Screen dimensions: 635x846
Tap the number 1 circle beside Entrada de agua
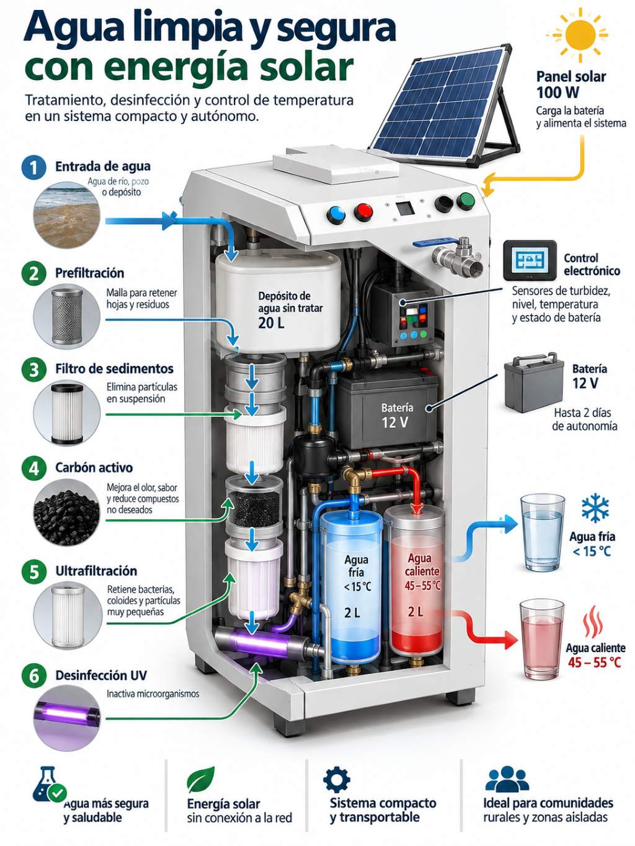pyautogui.click(x=34, y=168)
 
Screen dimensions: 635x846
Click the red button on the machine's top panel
pyautogui.click(x=363, y=211)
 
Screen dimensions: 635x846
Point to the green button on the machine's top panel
pyautogui.click(x=465, y=201)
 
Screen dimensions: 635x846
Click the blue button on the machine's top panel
pyautogui.click(x=336, y=214)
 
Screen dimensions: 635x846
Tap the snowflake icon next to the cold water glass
pyautogui.click(x=595, y=507)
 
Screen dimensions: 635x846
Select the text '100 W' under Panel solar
pyautogui.click(x=557, y=92)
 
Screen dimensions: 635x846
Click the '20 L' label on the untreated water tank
pyautogui.click(x=271, y=323)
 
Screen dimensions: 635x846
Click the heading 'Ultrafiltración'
pyautogui.click(x=96, y=571)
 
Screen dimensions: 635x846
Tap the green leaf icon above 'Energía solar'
pyautogui.click(x=200, y=778)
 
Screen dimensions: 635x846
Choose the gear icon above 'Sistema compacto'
pyautogui.click(x=336, y=778)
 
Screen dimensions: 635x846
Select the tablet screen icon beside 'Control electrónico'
pyautogui.click(x=530, y=260)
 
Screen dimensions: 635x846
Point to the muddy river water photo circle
pyautogui.click(x=67, y=215)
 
